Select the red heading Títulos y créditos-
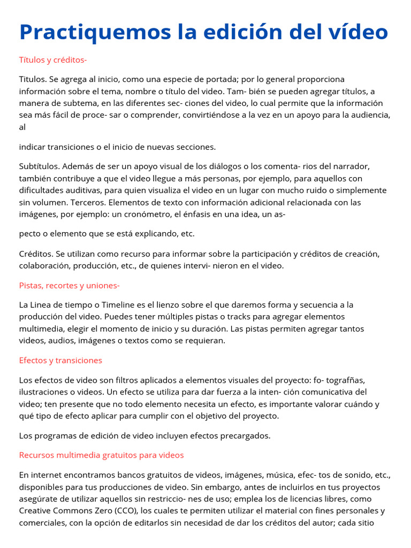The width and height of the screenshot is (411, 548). (53, 60)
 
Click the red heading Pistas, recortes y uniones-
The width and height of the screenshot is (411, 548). (70, 285)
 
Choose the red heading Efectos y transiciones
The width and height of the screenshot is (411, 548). (60, 360)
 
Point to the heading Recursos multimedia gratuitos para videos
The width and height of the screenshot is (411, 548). (101, 455)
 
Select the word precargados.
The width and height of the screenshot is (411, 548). (245, 436)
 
